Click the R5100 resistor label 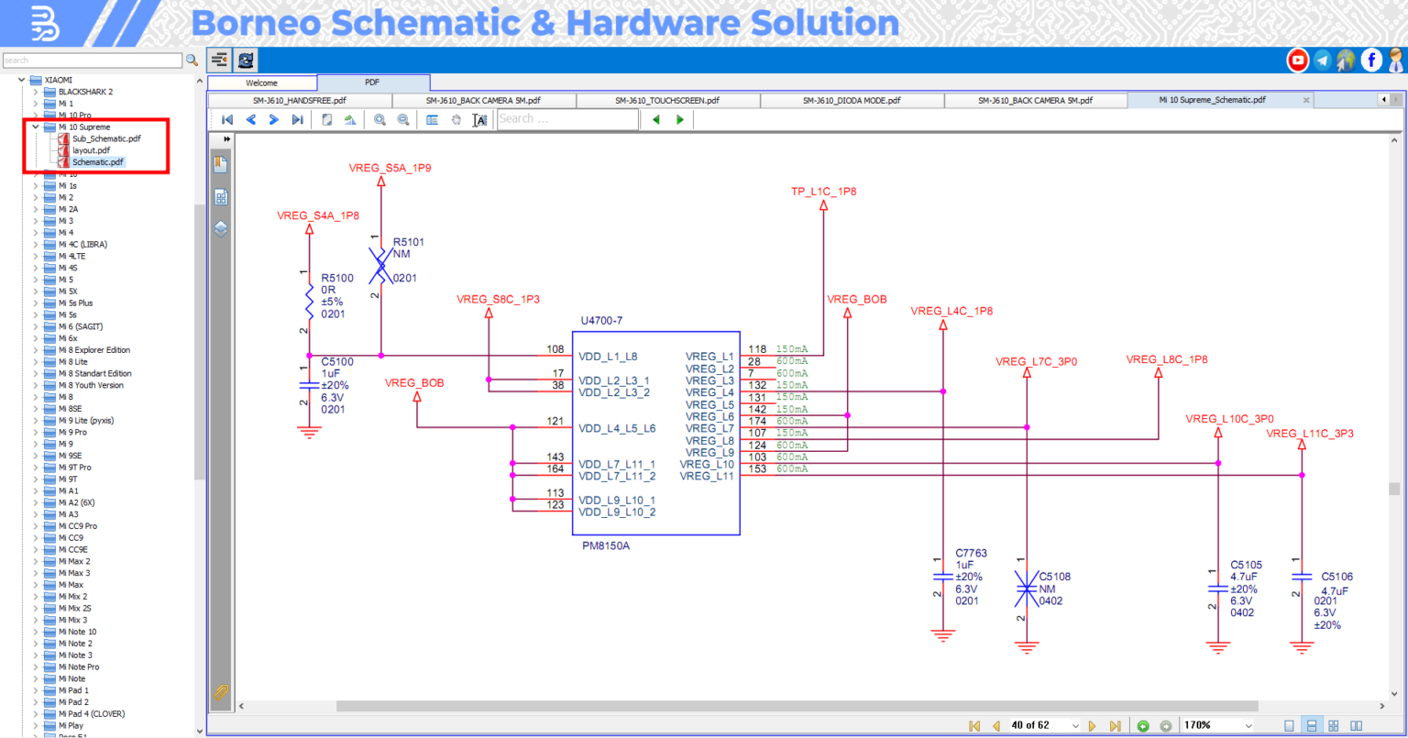pos(336,278)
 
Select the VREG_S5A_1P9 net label pos(390,169)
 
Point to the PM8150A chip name pos(606,545)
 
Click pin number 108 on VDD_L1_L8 pos(555,349)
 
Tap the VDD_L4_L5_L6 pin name pos(616,428)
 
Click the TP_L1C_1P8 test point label pos(823,192)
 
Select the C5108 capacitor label pos(1054,577)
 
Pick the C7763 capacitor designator pos(971,553)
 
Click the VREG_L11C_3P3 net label pos(1309,434)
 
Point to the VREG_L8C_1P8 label pos(1166,359)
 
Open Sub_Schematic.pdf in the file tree pos(106,138)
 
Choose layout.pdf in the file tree pos(91,150)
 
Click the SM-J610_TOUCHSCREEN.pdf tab pos(666,100)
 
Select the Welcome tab pos(261,83)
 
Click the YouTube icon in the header pos(1297,61)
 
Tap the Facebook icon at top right pos(1370,61)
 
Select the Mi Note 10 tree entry pos(77,632)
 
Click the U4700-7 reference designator pos(601,321)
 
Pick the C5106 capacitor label pos(1336,578)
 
